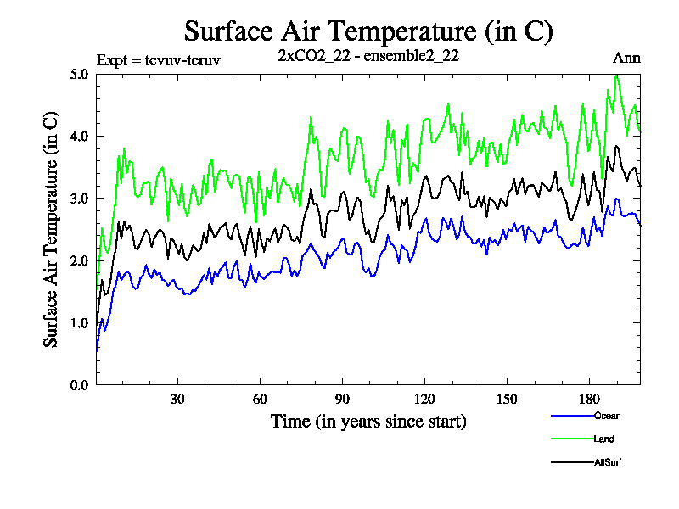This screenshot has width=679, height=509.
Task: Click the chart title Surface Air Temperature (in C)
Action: [368, 31]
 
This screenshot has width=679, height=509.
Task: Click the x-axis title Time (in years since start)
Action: [368, 421]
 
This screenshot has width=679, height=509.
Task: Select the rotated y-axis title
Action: [52, 229]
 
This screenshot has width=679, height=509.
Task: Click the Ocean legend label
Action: [608, 416]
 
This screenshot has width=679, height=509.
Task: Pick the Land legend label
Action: [604, 439]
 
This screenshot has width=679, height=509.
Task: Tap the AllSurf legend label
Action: [609, 462]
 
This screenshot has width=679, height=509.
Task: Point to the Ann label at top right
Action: [626, 59]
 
